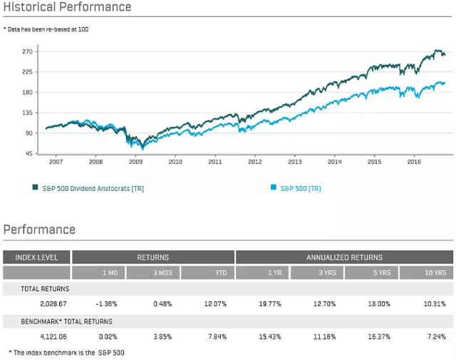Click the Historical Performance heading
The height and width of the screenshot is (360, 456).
coord(68,7)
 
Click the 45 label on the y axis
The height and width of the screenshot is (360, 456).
coord(28,154)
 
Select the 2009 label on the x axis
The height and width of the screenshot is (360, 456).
coord(135,163)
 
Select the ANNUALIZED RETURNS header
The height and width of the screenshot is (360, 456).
coord(345,257)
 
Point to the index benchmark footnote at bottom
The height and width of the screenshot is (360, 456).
coord(61,352)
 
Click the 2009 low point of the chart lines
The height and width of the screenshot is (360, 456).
coord(142,147)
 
